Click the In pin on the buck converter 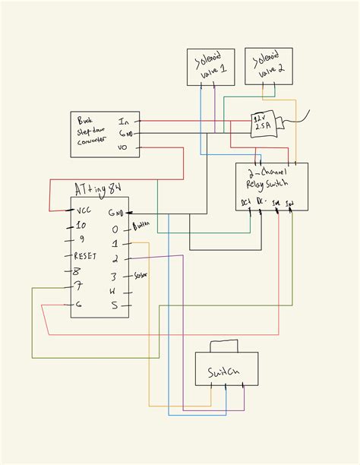coord(123,121)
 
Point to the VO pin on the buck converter coord(122,147)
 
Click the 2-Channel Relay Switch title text coord(270,178)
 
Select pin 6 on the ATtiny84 coord(77,305)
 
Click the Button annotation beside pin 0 coord(141,227)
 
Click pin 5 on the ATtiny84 coord(115,305)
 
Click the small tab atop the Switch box coord(226,346)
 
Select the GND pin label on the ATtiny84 coord(115,213)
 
